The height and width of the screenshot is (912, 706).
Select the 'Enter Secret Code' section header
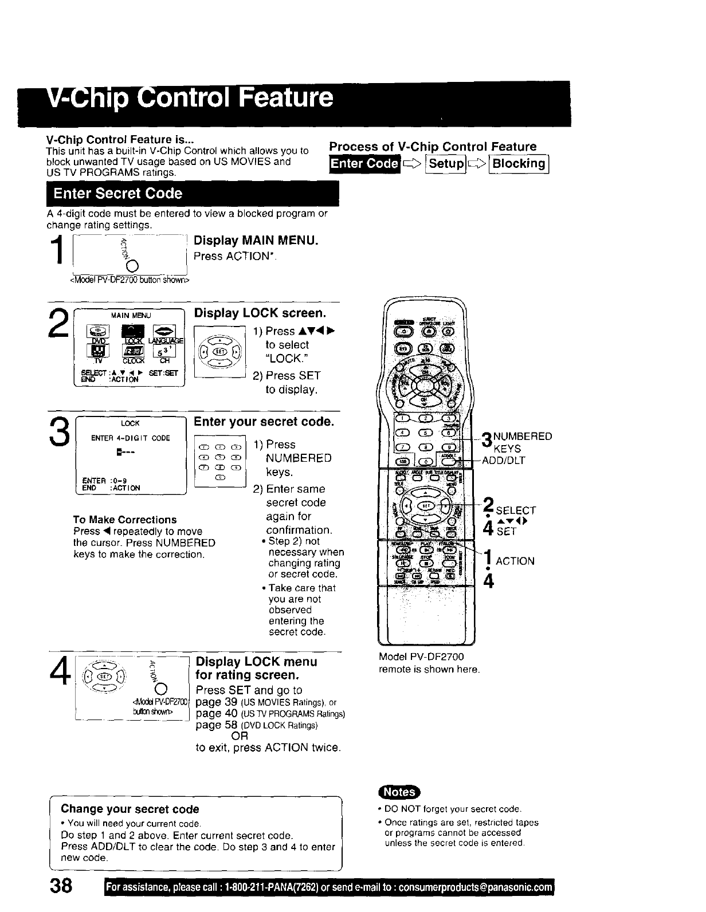117,194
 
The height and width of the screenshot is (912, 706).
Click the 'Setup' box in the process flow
446,164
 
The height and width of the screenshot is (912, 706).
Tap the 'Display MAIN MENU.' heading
256,241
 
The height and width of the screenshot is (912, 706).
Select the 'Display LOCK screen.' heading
260,313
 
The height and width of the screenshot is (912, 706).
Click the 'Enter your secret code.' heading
264,422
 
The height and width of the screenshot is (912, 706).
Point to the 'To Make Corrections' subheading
125,520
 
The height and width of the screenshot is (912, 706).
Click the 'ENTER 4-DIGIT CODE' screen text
131,438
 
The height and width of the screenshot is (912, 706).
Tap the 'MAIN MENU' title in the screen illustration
130,315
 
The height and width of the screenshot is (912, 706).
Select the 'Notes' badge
399,792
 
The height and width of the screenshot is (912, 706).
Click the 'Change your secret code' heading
130,809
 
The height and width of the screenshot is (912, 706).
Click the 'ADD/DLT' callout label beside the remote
504,460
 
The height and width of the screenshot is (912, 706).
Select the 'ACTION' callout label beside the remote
515,561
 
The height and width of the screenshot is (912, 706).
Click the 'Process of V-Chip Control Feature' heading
433,147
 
